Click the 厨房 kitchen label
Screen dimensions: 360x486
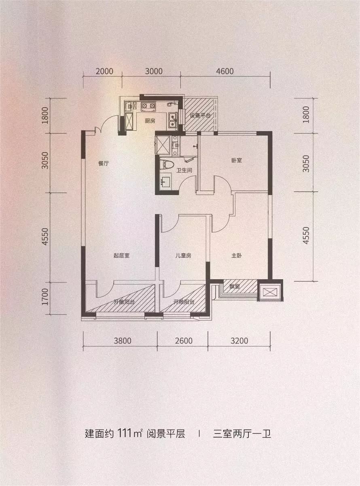(x=150, y=121)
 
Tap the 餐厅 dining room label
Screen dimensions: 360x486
(x=104, y=163)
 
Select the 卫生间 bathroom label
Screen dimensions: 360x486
(x=184, y=170)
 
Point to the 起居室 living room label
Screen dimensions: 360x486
(x=122, y=255)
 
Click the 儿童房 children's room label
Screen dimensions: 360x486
(x=183, y=255)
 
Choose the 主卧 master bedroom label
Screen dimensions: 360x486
(x=237, y=255)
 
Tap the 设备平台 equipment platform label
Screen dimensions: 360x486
(x=200, y=115)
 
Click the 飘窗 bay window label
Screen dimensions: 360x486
(x=235, y=286)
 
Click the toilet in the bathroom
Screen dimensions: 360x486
(x=168, y=164)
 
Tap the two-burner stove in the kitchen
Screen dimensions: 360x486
(x=148, y=106)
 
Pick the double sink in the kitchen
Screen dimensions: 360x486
(x=173, y=120)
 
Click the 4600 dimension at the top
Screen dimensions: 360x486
(x=225, y=72)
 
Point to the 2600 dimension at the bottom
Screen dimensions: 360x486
(x=184, y=341)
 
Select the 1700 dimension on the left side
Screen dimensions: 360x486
(x=45, y=297)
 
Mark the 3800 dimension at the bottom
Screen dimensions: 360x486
(x=123, y=341)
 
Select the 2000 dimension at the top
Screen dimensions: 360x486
(x=104, y=72)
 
